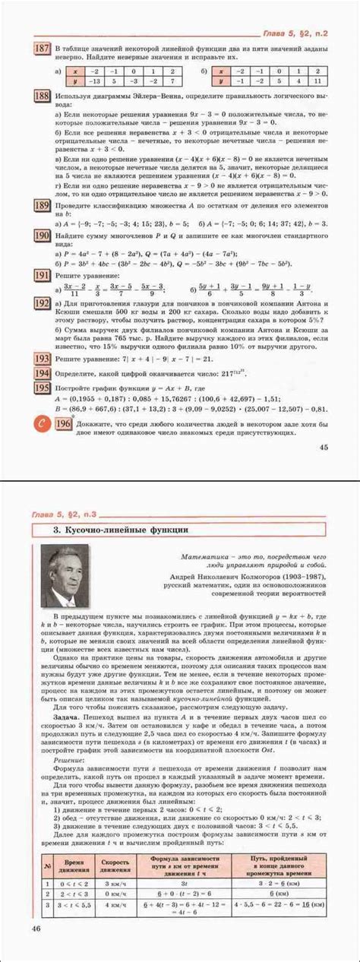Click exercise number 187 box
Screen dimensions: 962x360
tap(43, 49)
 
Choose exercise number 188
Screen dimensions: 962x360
tap(43, 96)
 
